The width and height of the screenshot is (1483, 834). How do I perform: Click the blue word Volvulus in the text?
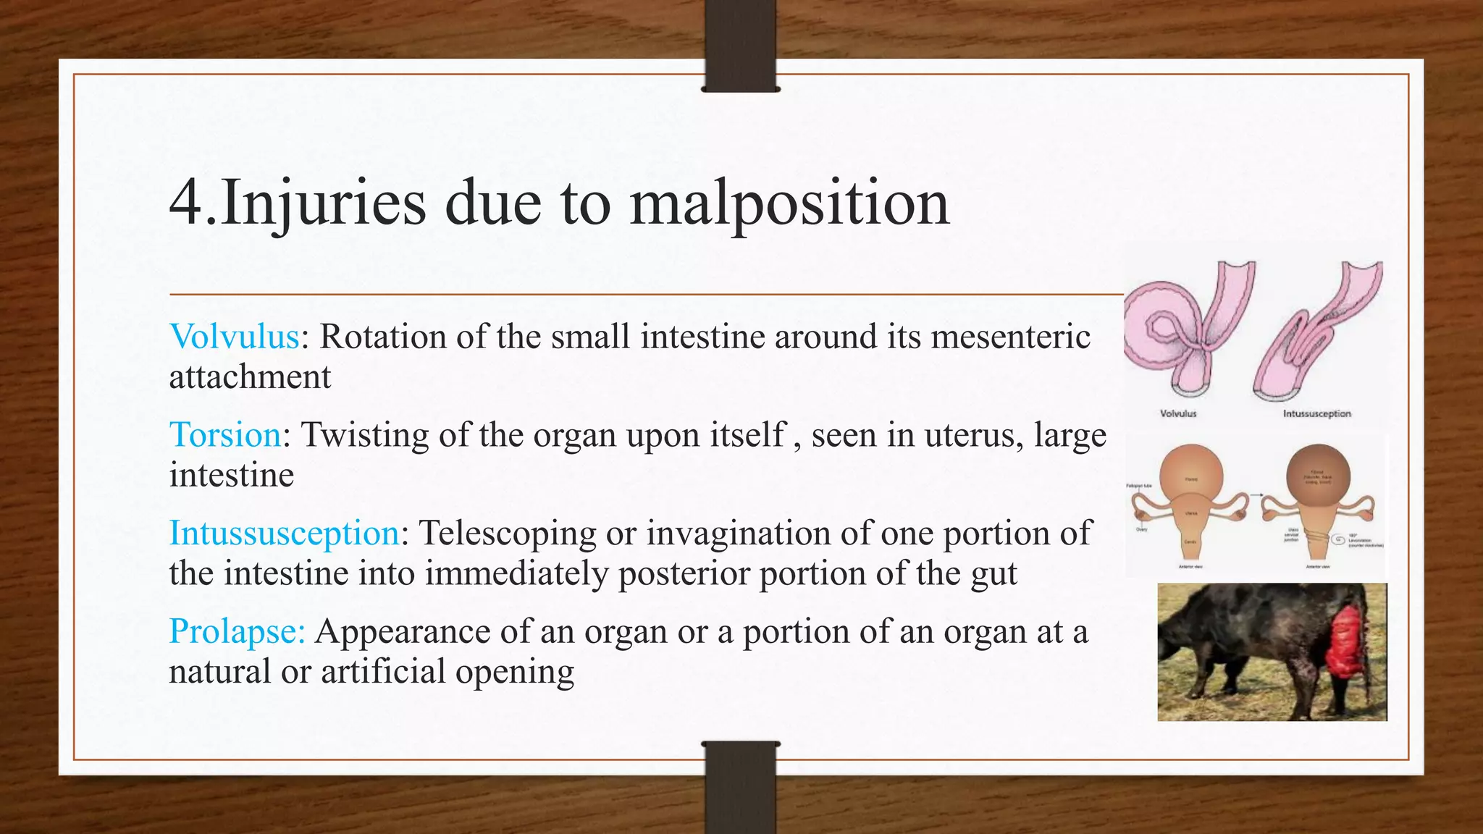pyautogui.click(x=234, y=337)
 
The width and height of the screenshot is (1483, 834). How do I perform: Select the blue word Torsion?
pyautogui.click(x=225, y=435)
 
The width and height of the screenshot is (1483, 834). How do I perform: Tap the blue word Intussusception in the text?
pyautogui.click(x=284, y=534)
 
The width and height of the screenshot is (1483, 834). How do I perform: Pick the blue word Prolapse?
pyautogui.click(x=236, y=631)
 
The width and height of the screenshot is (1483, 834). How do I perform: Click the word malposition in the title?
pyautogui.click(x=789, y=203)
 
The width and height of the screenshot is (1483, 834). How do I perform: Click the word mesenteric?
pyautogui.click(x=1010, y=337)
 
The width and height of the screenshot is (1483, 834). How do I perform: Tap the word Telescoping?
pyautogui.click(x=508, y=534)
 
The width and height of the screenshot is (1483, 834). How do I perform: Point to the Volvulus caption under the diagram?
pyautogui.click(x=1178, y=413)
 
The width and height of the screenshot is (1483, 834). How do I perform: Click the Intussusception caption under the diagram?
pyautogui.click(x=1316, y=413)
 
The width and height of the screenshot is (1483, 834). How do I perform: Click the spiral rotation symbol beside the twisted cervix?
pyautogui.click(x=1342, y=538)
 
